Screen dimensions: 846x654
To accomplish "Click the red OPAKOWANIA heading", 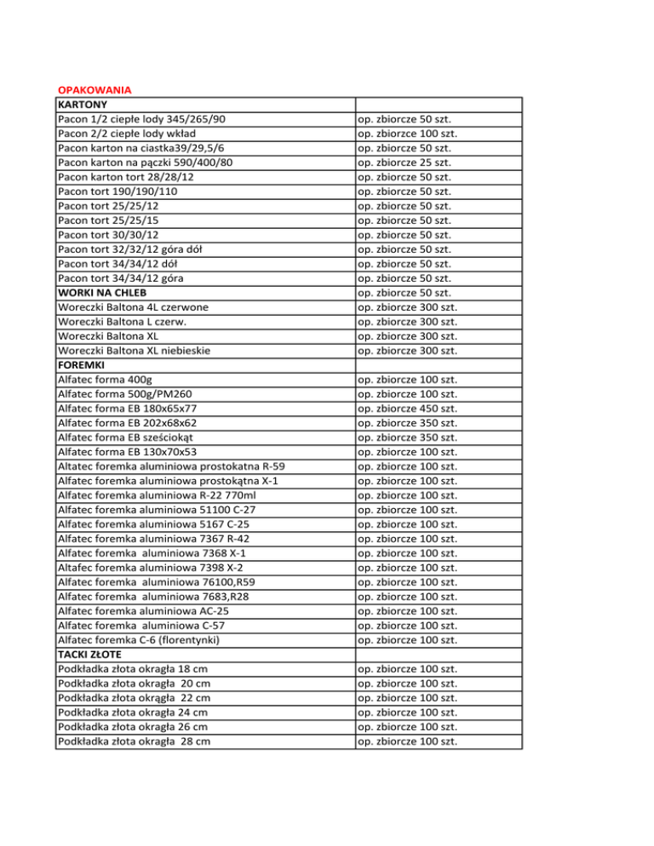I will click(92, 90).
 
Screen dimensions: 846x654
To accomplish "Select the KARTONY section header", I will click(82, 105).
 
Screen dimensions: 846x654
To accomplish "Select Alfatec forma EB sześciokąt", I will click(129, 437).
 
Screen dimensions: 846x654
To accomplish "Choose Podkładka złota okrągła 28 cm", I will click(134, 740).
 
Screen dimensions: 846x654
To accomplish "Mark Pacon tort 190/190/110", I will click(117, 191).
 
